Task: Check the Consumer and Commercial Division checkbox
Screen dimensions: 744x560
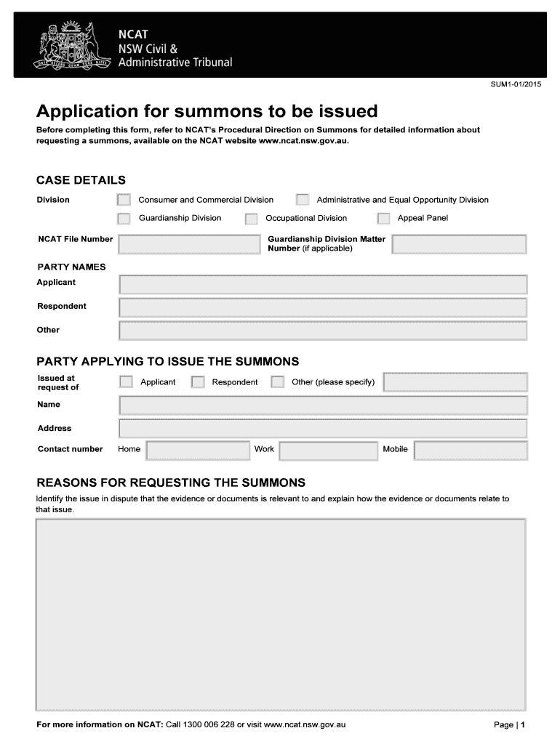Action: (124, 200)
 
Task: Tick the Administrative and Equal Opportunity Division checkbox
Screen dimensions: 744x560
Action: (303, 200)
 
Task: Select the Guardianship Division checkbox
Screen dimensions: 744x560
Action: (124, 218)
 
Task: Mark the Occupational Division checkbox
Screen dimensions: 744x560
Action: (252, 219)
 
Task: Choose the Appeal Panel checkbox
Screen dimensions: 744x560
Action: (384, 218)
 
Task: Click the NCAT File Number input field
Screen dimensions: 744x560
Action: (189, 244)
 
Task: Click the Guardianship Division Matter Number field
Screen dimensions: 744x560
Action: (459, 244)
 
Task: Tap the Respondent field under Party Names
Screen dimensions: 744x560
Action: (323, 307)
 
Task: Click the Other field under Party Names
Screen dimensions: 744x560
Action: (323, 331)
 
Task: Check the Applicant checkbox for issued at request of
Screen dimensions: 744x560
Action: (127, 382)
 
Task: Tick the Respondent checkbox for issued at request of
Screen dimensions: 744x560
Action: (198, 382)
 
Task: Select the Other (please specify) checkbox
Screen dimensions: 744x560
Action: (277, 382)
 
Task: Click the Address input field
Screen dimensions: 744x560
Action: (323, 429)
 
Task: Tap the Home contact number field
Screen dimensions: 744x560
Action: (198, 450)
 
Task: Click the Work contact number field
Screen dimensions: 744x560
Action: (327, 450)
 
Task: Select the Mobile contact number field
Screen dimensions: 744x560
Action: (471, 450)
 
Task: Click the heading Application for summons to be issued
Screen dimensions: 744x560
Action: (207, 111)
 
